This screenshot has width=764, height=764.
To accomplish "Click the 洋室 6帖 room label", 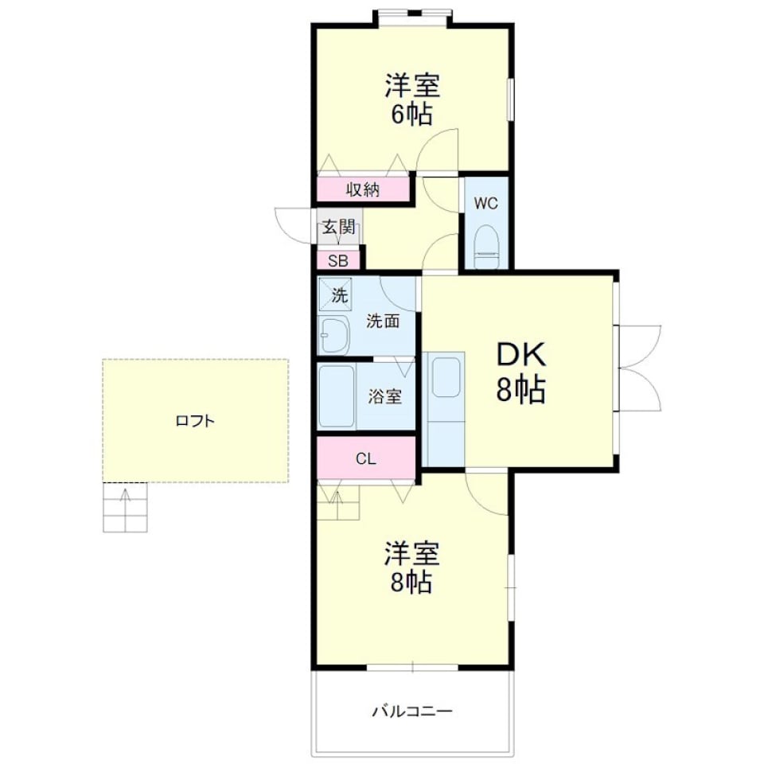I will pos(411,99).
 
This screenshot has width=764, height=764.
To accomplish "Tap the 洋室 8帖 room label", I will pos(411,567).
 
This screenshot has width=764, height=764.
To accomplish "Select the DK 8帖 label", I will pos(521,372).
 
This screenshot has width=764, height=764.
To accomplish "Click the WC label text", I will pos(486,203).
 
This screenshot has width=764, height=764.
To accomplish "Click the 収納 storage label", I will pos(363,189).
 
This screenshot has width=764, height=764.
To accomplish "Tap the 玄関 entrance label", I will pos(338,227).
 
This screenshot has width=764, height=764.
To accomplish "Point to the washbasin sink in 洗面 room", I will pos(334,334).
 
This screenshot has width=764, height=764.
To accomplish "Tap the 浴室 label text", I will pos(385,396).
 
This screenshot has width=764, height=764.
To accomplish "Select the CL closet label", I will pos(365,458).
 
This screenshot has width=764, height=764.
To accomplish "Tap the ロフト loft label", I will pos(195,420).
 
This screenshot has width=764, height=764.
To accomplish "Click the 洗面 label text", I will pos(383,322).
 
